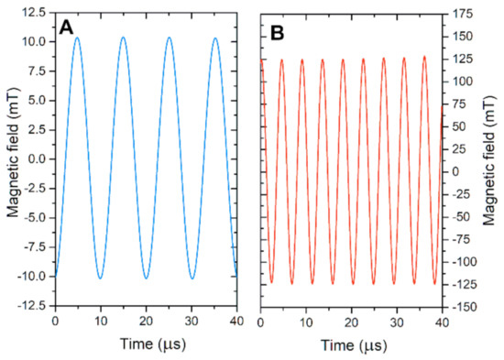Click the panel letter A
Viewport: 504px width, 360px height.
click(x=66, y=28)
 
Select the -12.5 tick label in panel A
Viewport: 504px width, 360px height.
click(x=34, y=305)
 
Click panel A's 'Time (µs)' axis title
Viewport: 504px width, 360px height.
click(x=147, y=345)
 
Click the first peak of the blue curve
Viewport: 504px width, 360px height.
click(x=77, y=38)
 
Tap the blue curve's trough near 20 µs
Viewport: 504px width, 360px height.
click(x=146, y=278)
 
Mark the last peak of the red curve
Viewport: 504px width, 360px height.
click(x=424, y=56)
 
